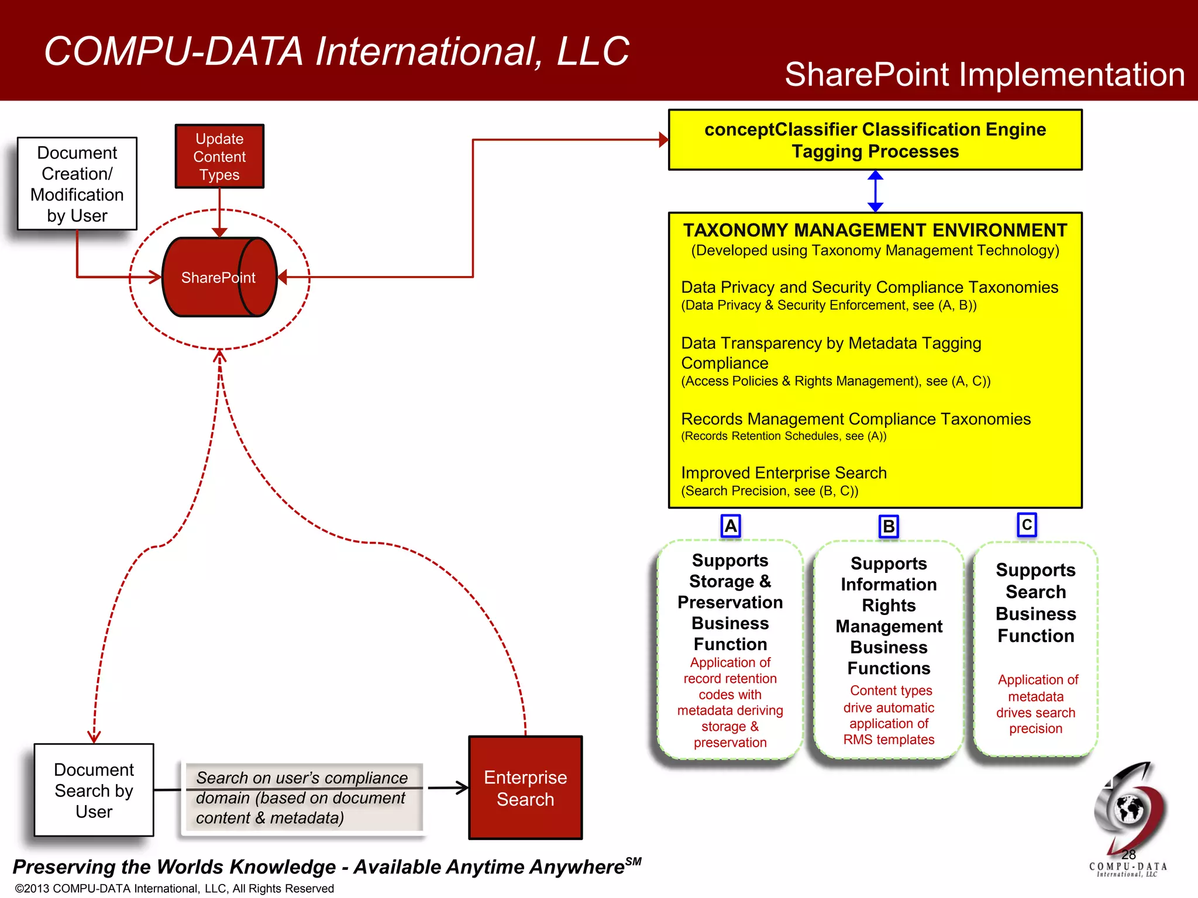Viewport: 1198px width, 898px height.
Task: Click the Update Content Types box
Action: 219,156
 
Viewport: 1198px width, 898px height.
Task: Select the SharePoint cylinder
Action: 219,277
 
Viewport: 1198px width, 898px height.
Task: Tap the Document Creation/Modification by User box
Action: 77,184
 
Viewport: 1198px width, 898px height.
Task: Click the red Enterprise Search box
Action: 525,788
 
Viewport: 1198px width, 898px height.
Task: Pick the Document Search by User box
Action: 94,790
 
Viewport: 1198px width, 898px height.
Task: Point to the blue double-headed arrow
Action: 875,191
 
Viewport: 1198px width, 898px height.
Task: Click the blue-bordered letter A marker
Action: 731,526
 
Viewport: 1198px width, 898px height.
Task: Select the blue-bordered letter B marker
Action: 888,527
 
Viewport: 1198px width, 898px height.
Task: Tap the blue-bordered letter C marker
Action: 1027,524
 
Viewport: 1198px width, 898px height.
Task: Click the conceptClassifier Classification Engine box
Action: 875,140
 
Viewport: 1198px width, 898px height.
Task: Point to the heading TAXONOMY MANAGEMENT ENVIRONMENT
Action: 875,230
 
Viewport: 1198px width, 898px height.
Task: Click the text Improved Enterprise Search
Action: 784,472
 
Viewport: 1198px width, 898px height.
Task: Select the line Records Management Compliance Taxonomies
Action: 855,419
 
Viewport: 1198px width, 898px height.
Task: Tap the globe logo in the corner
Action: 1129,810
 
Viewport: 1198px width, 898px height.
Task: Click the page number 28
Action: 1128,855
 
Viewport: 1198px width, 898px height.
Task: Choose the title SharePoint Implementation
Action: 984,75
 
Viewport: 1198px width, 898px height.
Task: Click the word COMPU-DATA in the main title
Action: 173,51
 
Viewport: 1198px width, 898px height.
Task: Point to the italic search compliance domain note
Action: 302,797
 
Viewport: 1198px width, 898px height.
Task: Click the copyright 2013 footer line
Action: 174,888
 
